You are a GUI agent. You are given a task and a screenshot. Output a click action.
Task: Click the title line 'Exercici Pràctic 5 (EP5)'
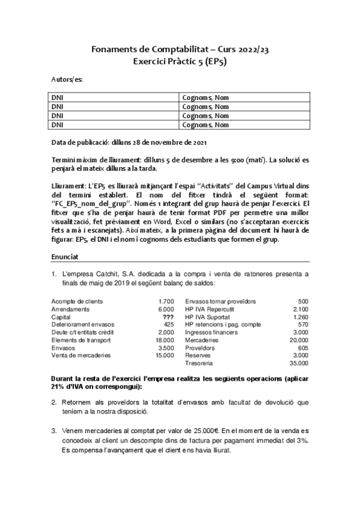pos(180,61)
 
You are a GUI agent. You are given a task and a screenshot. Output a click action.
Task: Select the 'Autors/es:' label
pos(67,79)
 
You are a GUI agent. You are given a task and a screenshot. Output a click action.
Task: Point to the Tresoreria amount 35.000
pos(298,363)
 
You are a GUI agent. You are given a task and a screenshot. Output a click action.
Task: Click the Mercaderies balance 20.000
pos(298,340)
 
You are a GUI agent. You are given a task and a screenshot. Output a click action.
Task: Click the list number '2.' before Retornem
pos(54,402)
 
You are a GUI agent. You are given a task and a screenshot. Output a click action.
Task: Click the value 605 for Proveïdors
pos(302,348)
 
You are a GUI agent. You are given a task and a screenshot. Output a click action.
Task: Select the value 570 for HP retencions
pos(302,324)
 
